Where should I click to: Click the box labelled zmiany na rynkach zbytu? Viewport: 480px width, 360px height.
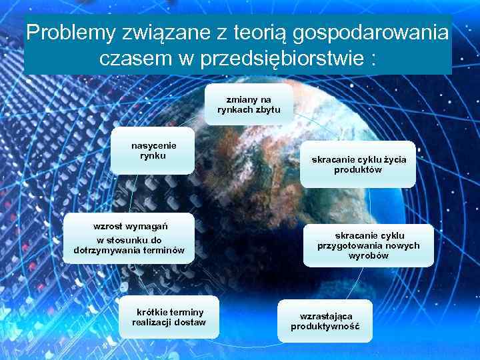tap(249, 104)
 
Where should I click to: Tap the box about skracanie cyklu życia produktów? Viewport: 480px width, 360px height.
tap(359, 165)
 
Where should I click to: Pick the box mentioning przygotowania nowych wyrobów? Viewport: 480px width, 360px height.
tap(369, 245)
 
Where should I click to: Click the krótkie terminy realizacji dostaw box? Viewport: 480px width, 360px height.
tap(169, 317)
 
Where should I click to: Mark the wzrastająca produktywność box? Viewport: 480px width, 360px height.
tap(325, 321)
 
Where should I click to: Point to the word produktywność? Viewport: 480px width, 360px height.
tap(325, 327)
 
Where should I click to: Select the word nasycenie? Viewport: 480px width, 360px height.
tap(153, 145)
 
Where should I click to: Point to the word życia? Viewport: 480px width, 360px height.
tap(393, 159)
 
